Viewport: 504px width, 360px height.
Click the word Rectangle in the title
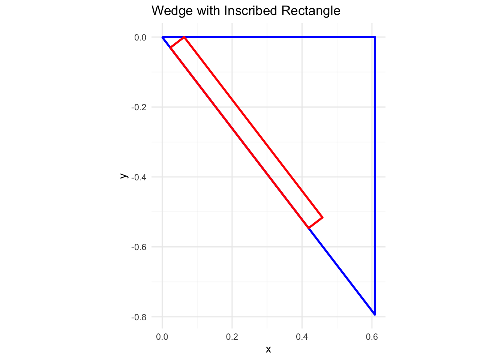pyautogui.click(x=311, y=10)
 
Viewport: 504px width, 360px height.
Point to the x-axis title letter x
pyautogui.click(x=268, y=349)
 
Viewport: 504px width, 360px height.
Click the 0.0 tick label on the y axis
pyautogui.click(x=140, y=37)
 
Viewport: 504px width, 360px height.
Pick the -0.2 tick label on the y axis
pyautogui.click(x=139, y=107)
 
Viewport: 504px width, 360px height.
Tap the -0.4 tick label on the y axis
pyautogui.click(x=139, y=177)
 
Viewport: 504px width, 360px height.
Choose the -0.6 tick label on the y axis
pyautogui.click(x=139, y=247)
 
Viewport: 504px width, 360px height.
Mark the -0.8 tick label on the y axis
pyautogui.click(x=139, y=317)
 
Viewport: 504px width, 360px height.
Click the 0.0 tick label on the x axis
pyautogui.click(x=162, y=337)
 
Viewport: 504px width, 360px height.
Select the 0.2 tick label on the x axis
pyautogui.click(x=232, y=337)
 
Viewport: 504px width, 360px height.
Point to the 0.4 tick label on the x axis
pyautogui.click(x=302, y=337)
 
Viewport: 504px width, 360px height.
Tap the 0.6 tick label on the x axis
pyautogui.click(x=372, y=337)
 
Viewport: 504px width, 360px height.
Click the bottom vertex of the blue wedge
pyautogui.click(x=375, y=314)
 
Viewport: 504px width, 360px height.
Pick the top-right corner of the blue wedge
pyautogui.click(x=375, y=37)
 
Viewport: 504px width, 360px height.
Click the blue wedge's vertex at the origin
pyautogui.click(x=162, y=37)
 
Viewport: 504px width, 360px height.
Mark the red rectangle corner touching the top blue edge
pyautogui.click(x=184, y=37)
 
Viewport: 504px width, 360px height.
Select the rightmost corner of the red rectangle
pyautogui.click(x=322, y=217)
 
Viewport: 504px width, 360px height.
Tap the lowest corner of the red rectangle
pyautogui.click(x=309, y=228)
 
